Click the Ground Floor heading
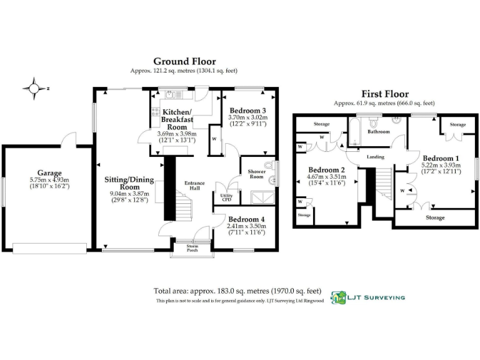pos(184,61)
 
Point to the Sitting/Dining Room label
pos(129,182)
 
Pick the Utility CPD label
pos(226,199)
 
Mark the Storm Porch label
pos(192,249)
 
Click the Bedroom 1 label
pos(441,157)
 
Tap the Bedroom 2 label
pos(327,170)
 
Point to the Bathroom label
pos(378,132)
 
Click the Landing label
pos(376,157)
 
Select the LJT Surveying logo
pos(367,298)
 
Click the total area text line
pos(237,291)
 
